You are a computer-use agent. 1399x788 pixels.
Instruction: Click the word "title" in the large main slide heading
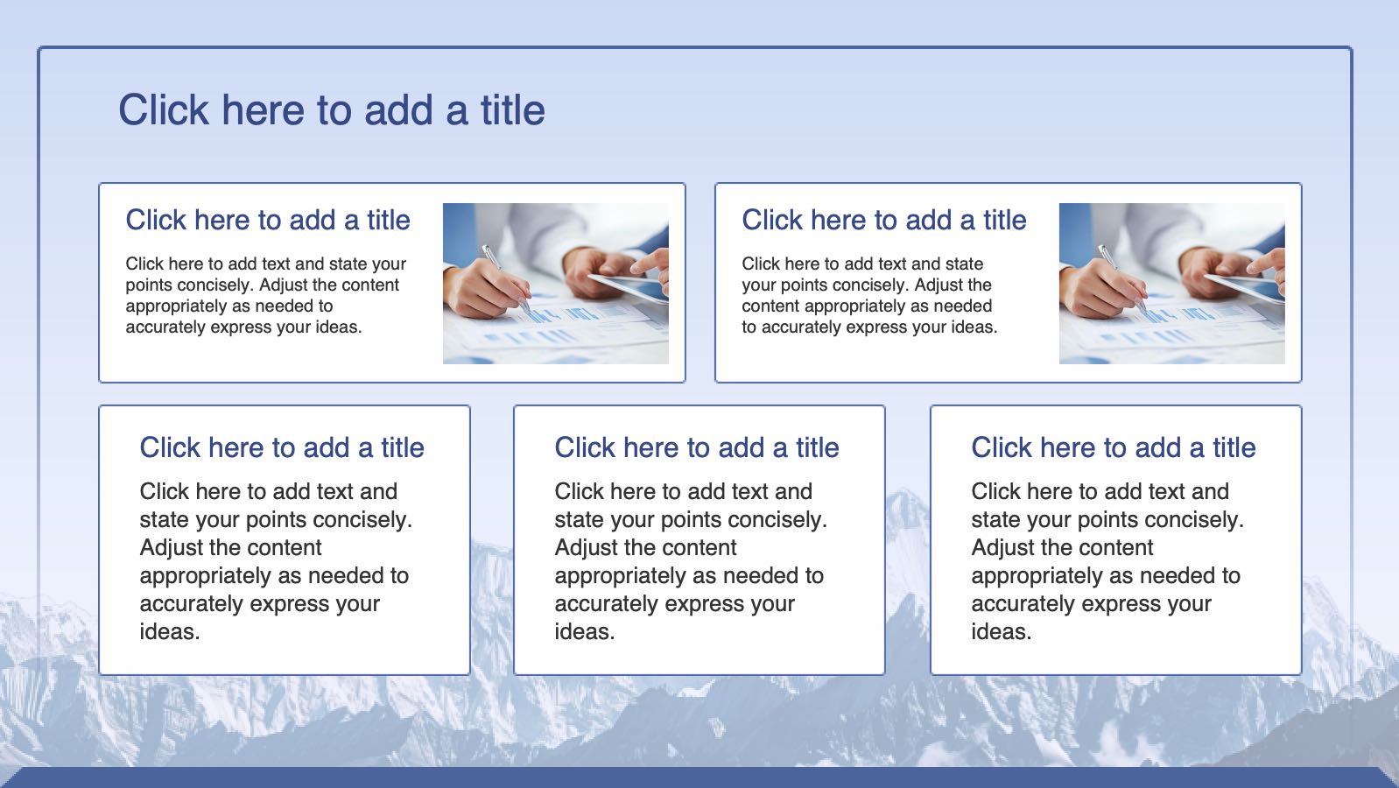click(513, 110)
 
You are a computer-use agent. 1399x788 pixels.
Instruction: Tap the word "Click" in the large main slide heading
click(164, 110)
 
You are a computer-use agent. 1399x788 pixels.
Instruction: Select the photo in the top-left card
click(556, 284)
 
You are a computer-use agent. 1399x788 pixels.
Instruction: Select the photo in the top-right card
click(1171, 284)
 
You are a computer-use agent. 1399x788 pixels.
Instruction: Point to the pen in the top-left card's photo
click(507, 278)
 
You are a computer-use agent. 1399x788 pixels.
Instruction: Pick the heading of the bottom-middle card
click(696, 447)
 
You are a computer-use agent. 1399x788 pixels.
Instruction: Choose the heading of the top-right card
click(883, 220)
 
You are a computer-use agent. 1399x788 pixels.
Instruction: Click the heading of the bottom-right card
click(1113, 447)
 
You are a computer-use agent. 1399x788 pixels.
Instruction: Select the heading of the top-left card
click(268, 220)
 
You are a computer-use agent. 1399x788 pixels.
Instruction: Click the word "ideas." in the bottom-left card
click(170, 632)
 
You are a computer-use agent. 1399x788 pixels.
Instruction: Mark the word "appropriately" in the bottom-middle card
click(628, 576)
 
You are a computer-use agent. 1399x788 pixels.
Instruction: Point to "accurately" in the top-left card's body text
click(165, 327)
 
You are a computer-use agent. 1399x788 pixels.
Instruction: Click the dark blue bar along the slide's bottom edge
click(699, 777)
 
